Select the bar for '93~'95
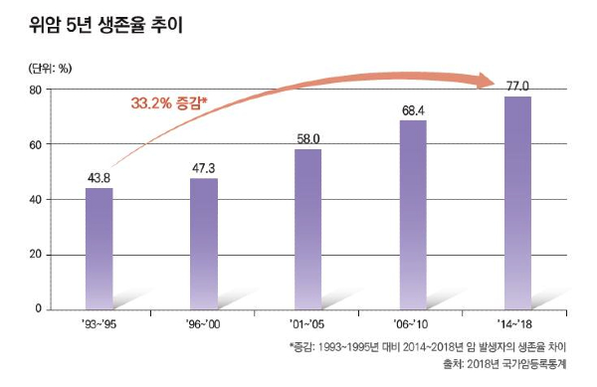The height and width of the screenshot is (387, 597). click(99, 249)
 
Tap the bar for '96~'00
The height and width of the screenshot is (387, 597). click(203, 244)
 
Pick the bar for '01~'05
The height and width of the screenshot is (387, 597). click(307, 229)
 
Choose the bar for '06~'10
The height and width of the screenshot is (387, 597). click(413, 215)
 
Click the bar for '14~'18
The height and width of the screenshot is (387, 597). click(517, 203)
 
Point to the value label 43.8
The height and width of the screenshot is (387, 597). click(99, 178)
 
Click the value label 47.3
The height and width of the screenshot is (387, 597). click(203, 168)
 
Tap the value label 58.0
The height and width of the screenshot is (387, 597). click(307, 139)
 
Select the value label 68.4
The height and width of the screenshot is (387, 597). click(413, 110)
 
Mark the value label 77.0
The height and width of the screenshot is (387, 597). click(517, 87)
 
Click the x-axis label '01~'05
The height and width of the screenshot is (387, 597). click(307, 323)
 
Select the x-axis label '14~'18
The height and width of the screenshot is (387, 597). click(517, 323)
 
